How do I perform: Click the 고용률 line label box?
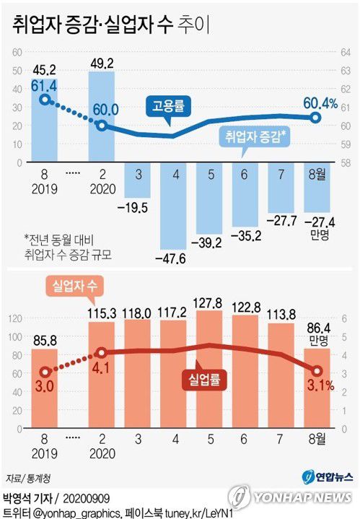[x=168, y=106]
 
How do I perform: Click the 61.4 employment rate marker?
[x=45, y=100]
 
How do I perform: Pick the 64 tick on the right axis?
[x=346, y=52]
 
